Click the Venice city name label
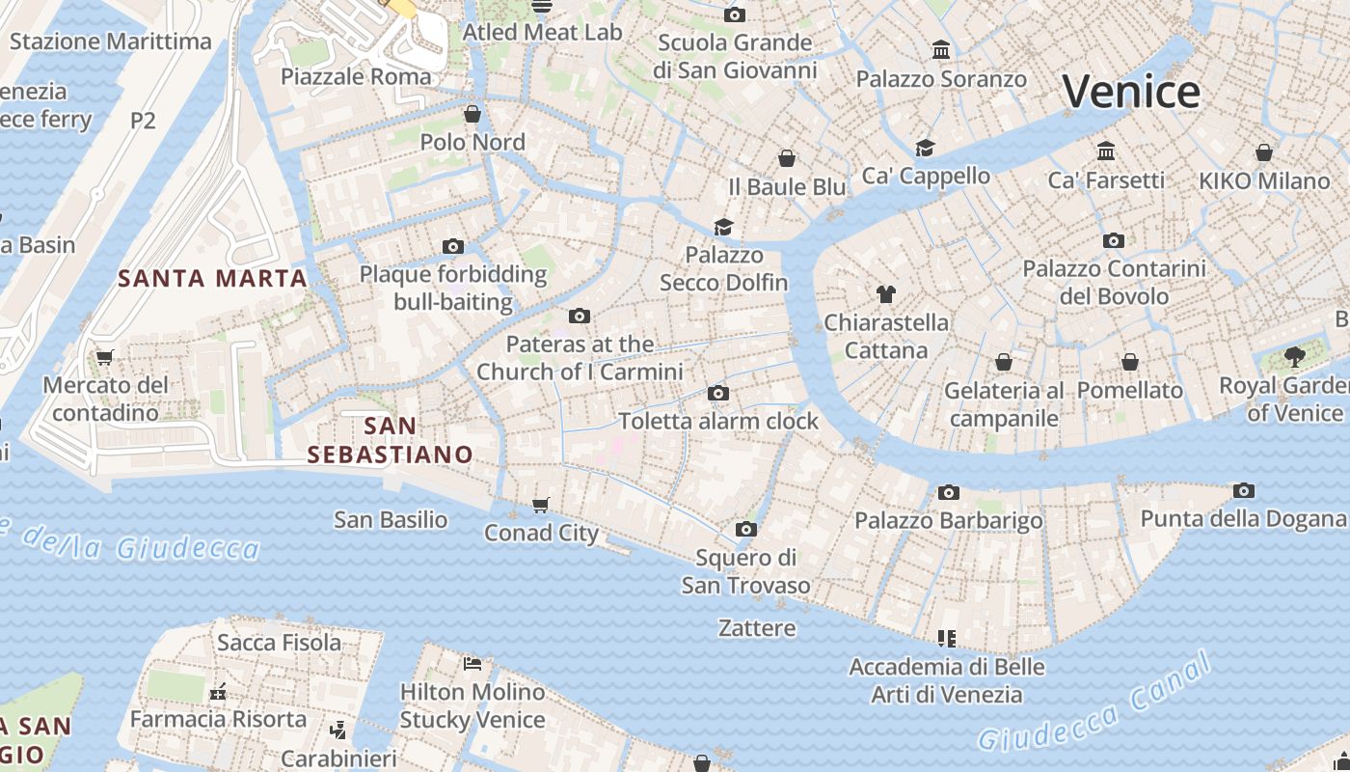1131,92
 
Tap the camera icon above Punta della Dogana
1244,491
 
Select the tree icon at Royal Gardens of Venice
1294,358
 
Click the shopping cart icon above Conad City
541,505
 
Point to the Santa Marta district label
212,279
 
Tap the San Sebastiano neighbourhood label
391,440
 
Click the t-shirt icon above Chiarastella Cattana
886,294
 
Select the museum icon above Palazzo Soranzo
941,50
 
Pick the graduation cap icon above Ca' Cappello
926,148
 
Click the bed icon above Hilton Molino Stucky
472,664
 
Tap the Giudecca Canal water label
1094,703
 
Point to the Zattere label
757,628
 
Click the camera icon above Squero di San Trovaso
745,530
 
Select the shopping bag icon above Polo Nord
472,115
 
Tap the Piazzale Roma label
356,76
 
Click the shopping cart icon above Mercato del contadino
105,357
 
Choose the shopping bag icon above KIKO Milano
1263,152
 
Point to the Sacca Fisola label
279,643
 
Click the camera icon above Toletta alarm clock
717,393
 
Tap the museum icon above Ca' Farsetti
1106,152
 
